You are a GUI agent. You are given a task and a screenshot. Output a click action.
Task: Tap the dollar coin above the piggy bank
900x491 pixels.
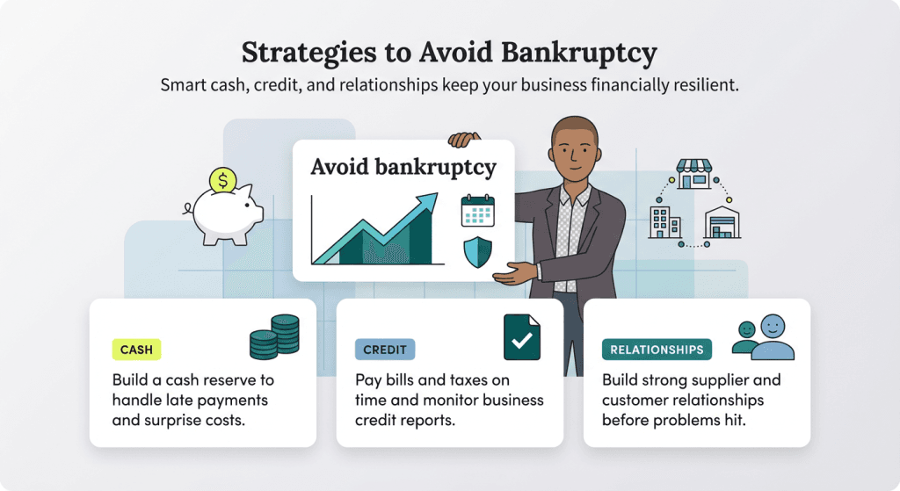223,181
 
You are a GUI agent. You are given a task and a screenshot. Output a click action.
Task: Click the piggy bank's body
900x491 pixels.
225,213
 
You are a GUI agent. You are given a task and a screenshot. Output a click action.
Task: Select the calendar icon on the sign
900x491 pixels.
477,211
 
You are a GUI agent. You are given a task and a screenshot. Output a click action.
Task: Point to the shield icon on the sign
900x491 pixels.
477,252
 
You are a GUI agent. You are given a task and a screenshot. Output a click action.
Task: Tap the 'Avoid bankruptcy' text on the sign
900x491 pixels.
403,167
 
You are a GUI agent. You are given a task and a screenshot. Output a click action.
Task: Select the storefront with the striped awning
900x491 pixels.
693,174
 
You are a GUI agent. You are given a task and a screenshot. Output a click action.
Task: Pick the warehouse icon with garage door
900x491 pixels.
722,222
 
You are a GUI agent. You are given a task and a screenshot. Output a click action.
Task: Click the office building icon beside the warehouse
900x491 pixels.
663,222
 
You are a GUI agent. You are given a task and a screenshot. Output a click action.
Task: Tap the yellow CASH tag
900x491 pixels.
136,350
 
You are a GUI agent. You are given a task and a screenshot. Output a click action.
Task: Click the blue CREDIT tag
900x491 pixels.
384,350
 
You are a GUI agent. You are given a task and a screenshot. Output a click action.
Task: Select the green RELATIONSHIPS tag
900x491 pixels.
657,350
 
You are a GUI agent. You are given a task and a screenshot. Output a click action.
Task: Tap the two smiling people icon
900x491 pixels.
763,337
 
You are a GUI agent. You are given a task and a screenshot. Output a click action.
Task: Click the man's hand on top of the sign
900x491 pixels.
464,139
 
